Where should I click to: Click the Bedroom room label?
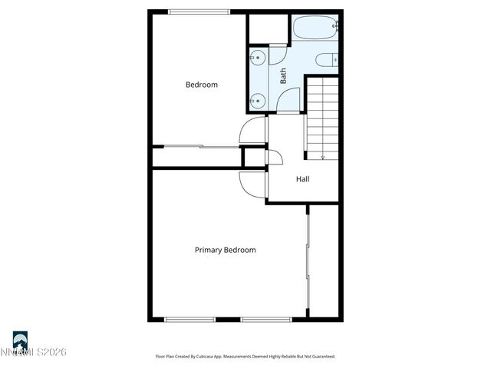202,85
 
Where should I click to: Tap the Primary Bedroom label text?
225,250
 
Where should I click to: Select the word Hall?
303,179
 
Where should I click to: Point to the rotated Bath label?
283,76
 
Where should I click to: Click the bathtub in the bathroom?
315,30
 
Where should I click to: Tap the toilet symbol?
327,59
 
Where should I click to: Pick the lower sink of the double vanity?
257,99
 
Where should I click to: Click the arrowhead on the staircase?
323,155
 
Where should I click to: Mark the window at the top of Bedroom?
199,11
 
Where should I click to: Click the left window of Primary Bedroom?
190,319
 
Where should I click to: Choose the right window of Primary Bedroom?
265,319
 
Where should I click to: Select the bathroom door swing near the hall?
289,101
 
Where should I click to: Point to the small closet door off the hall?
275,157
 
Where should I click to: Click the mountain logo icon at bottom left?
20,339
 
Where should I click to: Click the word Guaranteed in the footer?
322,357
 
